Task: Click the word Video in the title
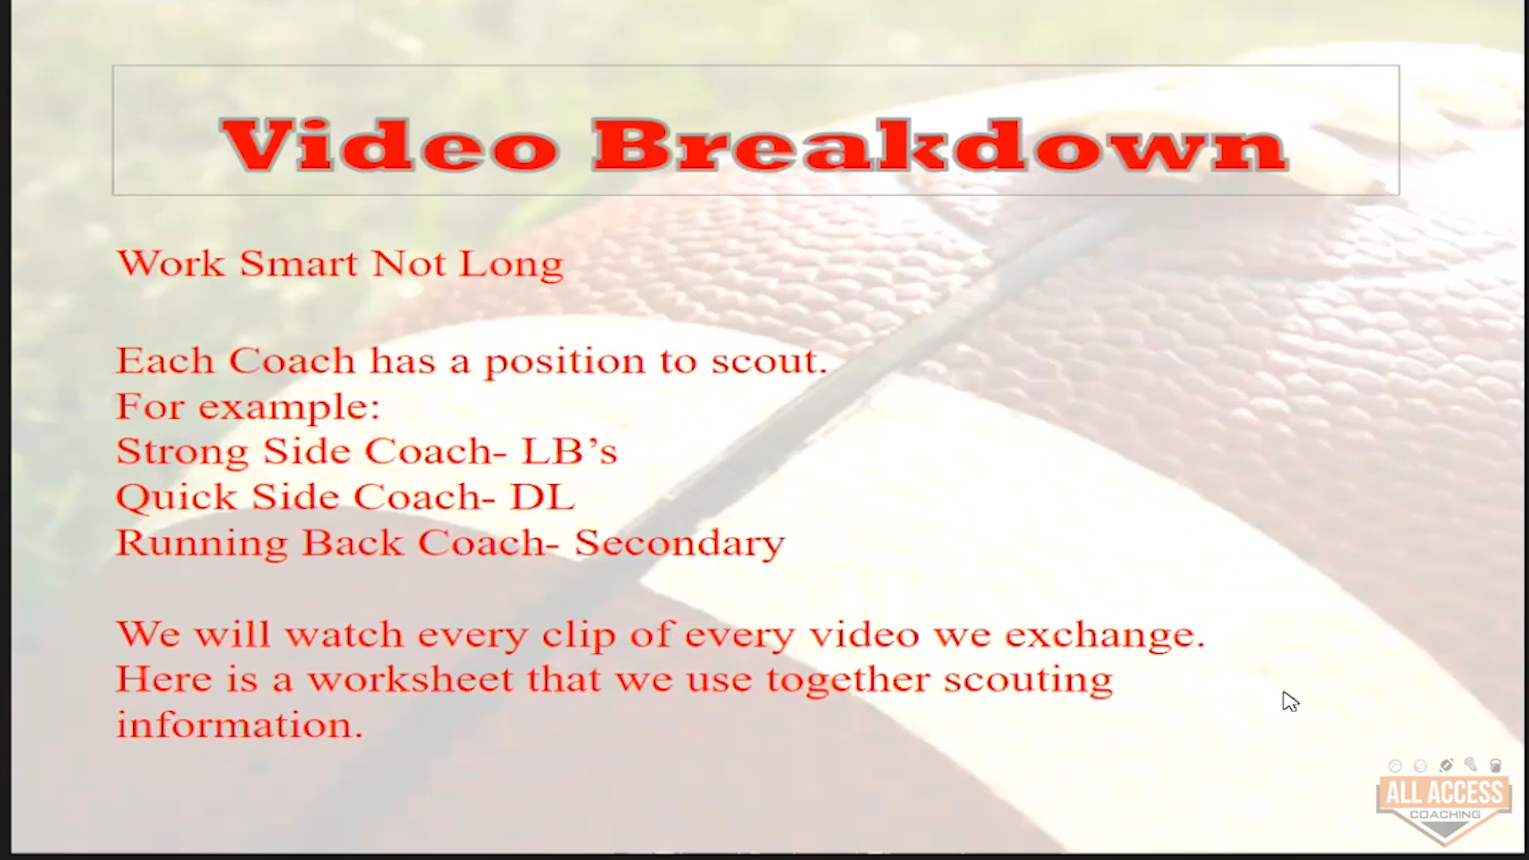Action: pos(390,145)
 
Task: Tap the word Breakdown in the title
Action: pos(940,145)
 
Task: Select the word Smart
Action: pos(299,264)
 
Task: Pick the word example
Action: pos(288,408)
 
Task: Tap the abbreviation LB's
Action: pos(569,451)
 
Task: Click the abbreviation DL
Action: pos(542,497)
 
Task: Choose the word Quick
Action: pos(177,498)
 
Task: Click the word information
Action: pos(240,725)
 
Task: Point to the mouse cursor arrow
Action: pos(1290,702)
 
